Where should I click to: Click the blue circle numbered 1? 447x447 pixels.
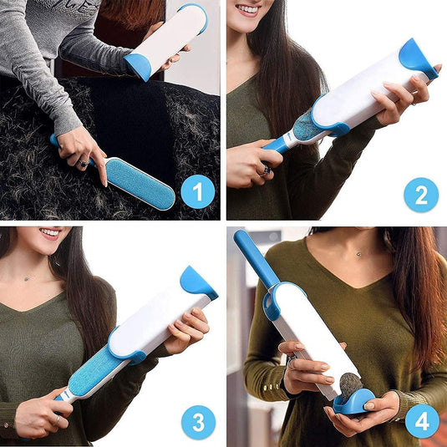point(197,193)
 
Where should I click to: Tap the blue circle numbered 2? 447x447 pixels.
point(421,195)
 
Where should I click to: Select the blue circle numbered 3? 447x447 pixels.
point(197,422)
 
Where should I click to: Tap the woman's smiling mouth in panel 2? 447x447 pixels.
point(248,11)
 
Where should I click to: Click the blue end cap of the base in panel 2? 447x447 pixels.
point(417,57)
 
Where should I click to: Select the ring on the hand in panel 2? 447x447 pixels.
point(266,170)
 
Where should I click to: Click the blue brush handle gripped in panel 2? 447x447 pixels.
point(275,145)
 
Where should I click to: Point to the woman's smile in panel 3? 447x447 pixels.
point(49,233)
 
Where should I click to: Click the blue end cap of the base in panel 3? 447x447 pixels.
point(197,282)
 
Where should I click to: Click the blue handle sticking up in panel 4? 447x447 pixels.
point(256,260)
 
